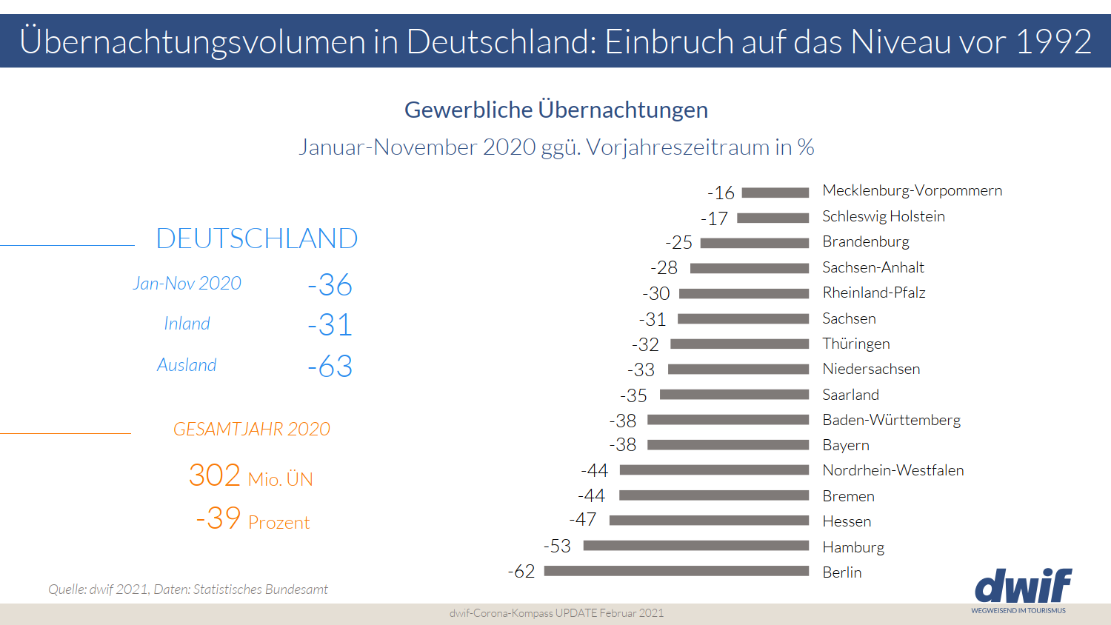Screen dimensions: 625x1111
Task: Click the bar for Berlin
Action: click(x=676, y=571)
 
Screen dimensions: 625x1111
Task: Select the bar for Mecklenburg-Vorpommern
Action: click(x=775, y=193)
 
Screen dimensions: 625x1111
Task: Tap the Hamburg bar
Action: click(x=696, y=546)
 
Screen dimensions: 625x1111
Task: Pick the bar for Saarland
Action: click(x=734, y=395)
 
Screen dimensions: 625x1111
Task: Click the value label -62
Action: click(x=521, y=572)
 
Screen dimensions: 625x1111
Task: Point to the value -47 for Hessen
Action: click(x=583, y=520)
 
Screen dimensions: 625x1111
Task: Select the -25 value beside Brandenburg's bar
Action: click(x=678, y=242)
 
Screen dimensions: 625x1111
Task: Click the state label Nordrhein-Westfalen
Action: click(x=893, y=470)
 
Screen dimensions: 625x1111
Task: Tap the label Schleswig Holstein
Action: click(x=884, y=216)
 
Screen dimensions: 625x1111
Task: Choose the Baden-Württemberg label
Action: click(x=891, y=420)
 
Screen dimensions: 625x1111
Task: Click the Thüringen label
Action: click(x=856, y=344)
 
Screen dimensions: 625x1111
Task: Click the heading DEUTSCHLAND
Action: click(x=257, y=238)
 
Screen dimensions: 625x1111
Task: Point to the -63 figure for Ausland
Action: click(x=330, y=366)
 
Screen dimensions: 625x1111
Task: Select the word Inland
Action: click(x=187, y=324)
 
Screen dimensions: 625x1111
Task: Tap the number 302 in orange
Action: click(x=215, y=475)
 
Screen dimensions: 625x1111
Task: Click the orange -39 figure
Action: click(x=218, y=518)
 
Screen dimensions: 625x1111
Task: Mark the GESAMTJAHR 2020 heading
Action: click(x=252, y=429)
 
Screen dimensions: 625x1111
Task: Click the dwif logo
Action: click(x=1023, y=586)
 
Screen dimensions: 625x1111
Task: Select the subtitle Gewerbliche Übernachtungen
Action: click(x=556, y=110)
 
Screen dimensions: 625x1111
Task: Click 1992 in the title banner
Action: click(x=1053, y=41)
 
